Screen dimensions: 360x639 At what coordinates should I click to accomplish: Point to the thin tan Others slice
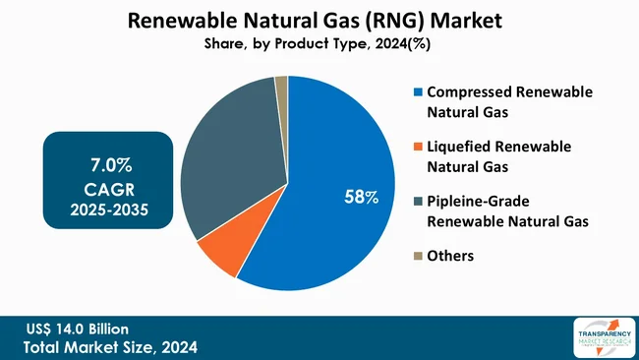click(x=281, y=87)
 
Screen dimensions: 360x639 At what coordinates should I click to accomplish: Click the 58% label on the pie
click(x=360, y=198)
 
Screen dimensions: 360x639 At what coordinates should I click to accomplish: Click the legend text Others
click(x=450, y=256)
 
